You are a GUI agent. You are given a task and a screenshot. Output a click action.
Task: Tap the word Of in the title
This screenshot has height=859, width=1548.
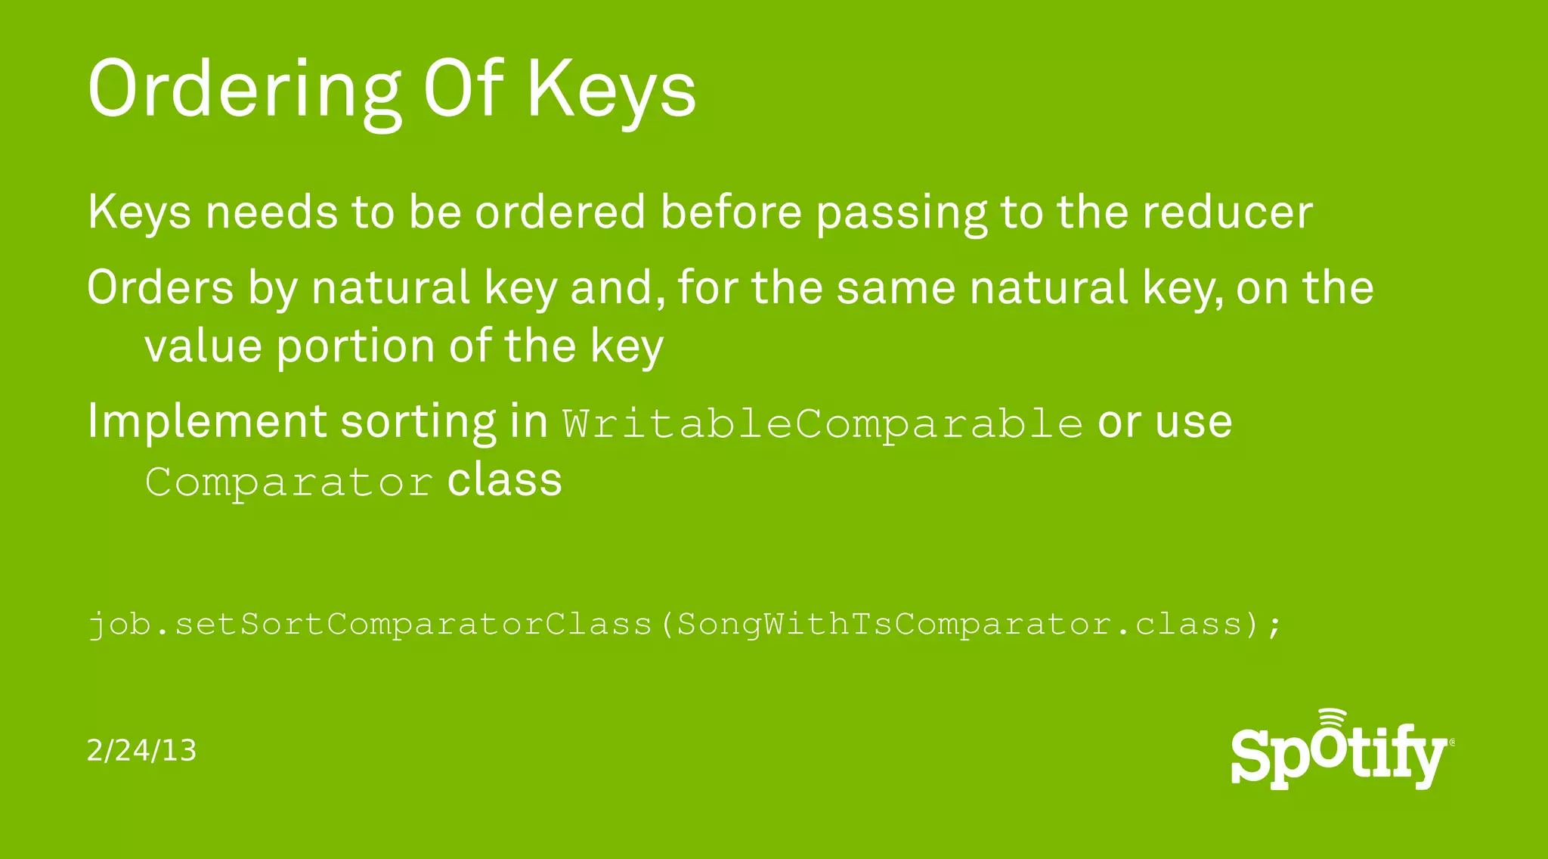[463, 88]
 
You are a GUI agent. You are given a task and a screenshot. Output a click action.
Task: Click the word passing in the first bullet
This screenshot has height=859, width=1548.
[901, 214]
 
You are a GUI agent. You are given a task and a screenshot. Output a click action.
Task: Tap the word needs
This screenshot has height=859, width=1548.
[271, 212]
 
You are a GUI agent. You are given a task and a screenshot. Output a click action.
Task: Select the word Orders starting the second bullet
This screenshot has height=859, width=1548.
[160, 288]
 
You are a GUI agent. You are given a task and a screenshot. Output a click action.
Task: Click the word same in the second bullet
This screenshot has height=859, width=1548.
[896, 288]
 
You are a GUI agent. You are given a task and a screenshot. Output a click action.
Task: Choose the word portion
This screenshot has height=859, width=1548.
[355, 348]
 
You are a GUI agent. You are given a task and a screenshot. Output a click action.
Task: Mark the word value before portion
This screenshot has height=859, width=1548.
[203, 346]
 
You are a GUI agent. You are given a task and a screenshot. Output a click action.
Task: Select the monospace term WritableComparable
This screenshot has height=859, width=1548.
[822, 423]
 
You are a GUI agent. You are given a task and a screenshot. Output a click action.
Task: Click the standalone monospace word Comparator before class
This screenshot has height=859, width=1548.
[289, 482]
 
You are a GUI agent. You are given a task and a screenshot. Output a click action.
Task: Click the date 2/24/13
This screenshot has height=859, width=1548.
[141, 750]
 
